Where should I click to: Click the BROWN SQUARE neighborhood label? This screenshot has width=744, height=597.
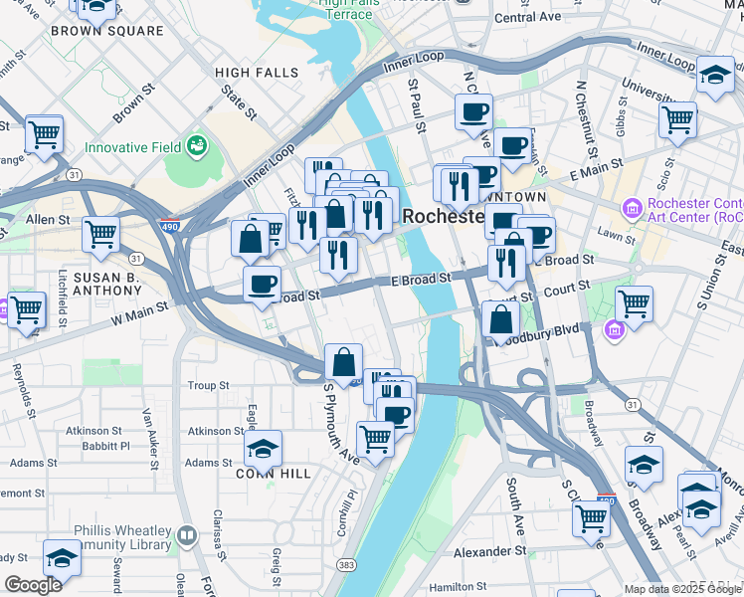coord(106,31)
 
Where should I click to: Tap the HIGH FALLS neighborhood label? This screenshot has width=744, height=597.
coord(257,73)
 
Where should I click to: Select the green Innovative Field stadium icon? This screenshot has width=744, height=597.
coord(196,146)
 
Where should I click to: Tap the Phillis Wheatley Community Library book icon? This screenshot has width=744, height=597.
coord(186,537)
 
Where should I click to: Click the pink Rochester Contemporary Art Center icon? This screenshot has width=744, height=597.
coord(631,209)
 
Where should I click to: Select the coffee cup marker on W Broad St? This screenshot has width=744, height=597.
coord(262,284)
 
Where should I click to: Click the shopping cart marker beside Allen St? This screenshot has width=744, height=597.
coord(101,235)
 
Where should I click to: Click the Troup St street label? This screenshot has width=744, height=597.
coord(209,385)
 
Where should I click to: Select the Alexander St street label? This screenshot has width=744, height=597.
coord(489,550)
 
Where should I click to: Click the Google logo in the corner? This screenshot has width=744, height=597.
coord(33,585)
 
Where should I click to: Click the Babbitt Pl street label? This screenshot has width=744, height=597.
coord(106,446)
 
